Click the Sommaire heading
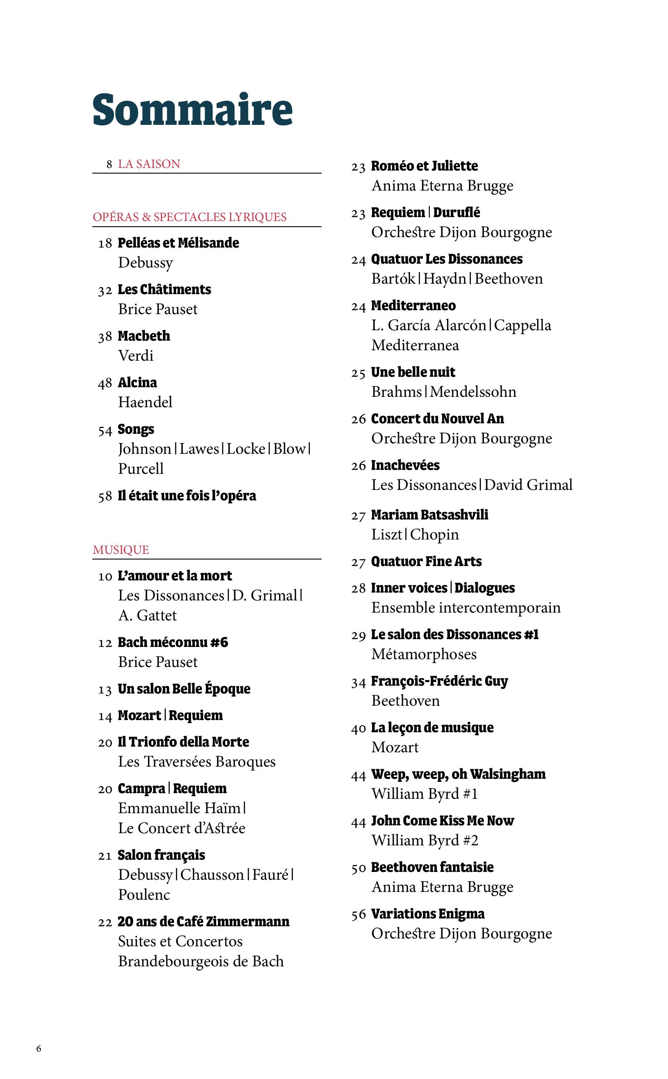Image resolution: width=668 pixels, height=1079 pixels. (192, 110)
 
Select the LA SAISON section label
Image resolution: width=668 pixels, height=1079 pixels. (149, 164)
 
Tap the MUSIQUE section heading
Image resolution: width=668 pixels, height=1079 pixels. (121, 550)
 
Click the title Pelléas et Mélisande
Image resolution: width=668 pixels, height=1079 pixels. (178, 243)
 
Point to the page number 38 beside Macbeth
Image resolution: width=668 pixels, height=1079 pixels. (105, 337)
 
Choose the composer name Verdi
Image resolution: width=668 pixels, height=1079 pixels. (136, 355)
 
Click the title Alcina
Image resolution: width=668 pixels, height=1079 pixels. (137, 382)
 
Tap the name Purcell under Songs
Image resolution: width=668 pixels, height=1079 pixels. (141, 469)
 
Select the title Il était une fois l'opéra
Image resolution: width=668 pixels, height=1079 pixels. (186, 496)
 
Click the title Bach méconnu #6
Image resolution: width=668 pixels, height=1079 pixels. (173, 642)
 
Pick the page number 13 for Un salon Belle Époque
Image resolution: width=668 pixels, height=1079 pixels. (105, 690)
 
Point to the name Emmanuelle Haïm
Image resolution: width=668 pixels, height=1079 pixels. (179, 808)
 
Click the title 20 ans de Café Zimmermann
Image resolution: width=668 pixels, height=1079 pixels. (203, 922)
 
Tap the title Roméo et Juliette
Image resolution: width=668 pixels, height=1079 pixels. (424, 166)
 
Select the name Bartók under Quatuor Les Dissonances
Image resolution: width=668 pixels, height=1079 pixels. (393, 279)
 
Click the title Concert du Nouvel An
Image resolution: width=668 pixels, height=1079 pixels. (437, 419)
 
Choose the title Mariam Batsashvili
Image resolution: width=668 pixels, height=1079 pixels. (430, 515)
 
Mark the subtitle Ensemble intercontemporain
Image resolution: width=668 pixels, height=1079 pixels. (466, 608)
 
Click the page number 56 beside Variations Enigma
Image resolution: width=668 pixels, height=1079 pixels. (358, 915)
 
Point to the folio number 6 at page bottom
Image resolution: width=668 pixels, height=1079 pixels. (39, 1049)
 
